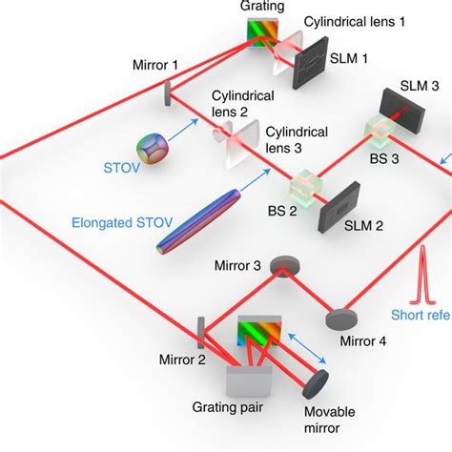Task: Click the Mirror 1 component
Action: (167, 93)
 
